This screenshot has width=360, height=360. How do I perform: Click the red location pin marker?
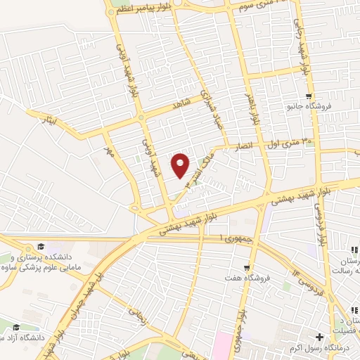(181, 165)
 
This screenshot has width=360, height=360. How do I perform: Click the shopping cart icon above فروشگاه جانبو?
(308, 96)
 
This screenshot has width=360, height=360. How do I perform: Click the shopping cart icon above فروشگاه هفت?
(246, 267)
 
